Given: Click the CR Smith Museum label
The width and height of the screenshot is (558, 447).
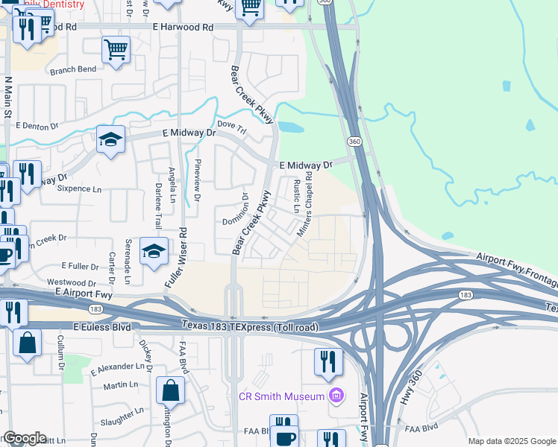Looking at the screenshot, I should coord(281,396).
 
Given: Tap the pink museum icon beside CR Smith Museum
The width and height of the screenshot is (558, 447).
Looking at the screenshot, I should coord(336,396).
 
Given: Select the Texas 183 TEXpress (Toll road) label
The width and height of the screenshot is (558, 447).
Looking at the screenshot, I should coord(250,327).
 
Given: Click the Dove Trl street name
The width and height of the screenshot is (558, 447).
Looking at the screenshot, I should coord(230,124).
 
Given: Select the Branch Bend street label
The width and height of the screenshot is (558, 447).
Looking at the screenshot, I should coord(72,69).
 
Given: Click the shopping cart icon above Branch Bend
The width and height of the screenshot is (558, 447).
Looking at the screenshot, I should coord(116,50).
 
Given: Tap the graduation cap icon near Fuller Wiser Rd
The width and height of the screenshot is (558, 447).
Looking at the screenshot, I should coord(154,252).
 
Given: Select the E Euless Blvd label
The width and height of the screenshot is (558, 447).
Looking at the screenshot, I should coord(101,327).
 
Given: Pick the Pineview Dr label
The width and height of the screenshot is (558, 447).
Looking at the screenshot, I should coord(198,181).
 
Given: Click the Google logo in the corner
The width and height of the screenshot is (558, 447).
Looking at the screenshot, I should coord(24,438).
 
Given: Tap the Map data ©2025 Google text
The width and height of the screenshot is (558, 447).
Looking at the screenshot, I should coord(511,441).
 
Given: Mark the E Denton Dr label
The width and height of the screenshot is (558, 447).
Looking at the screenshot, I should coord(36,127).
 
